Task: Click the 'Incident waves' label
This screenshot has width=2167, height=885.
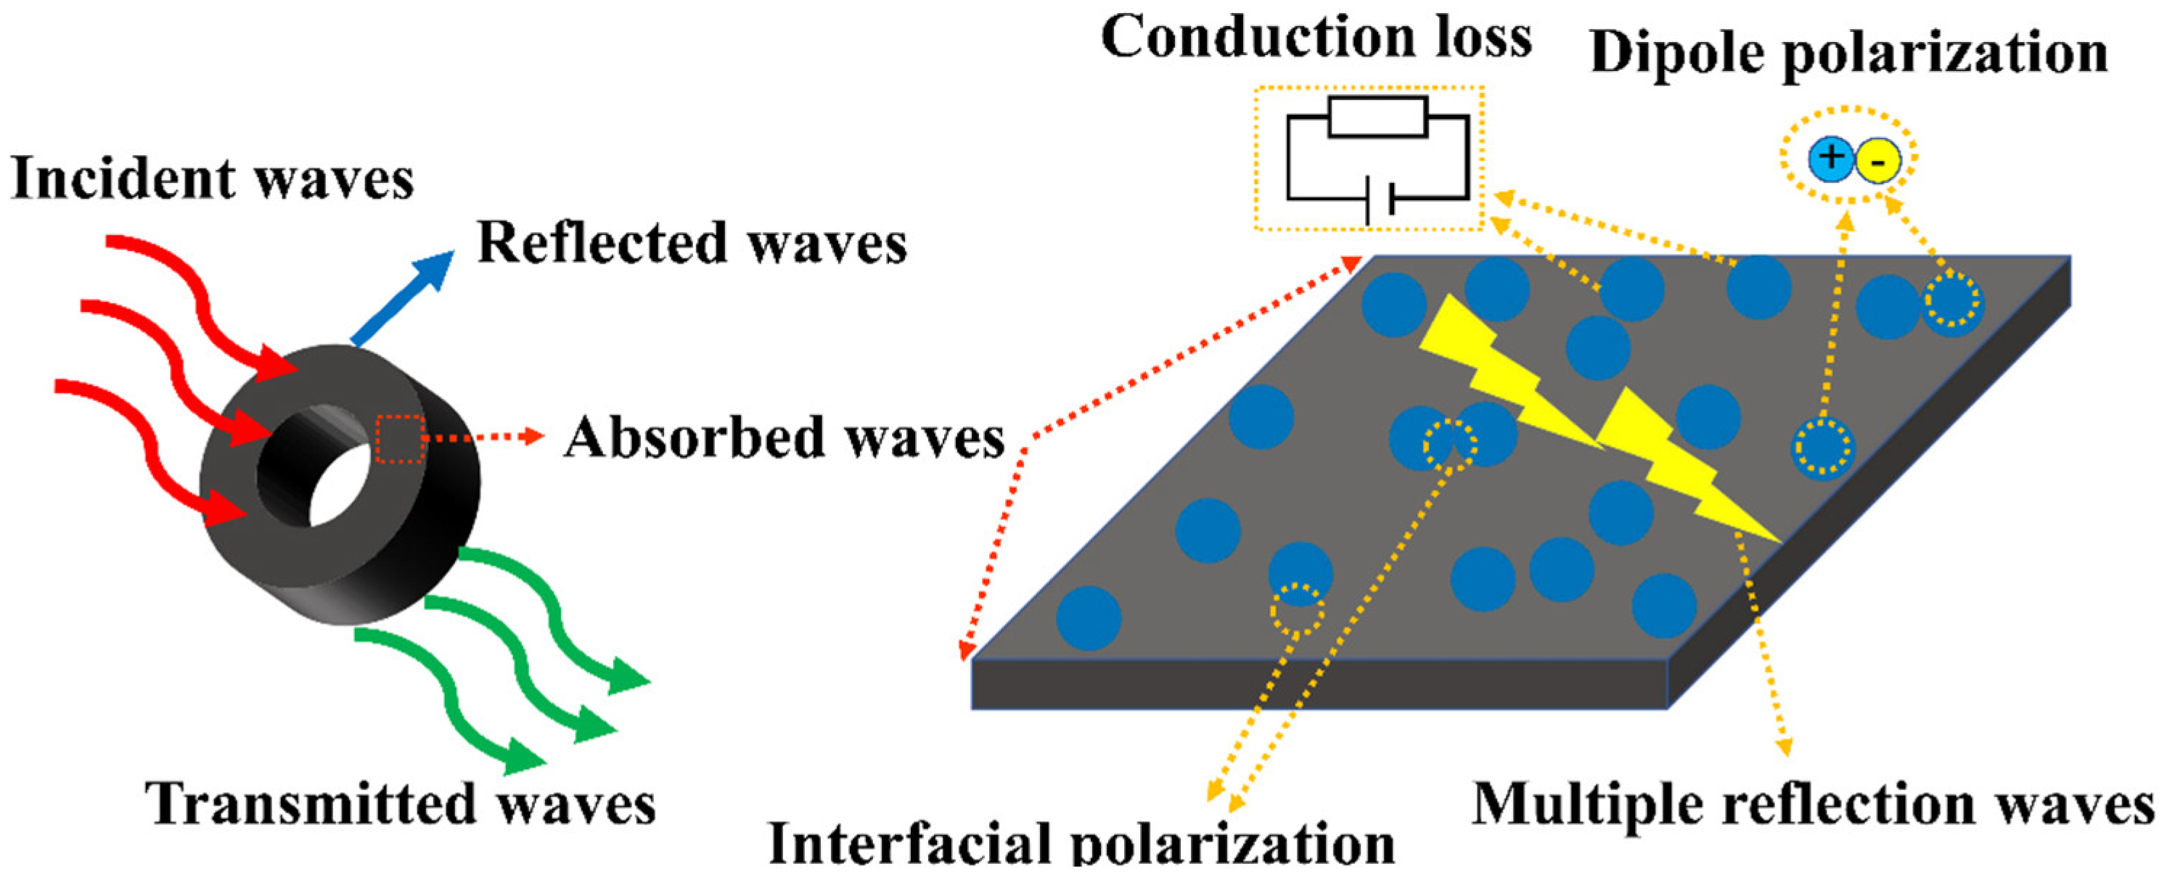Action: click(212, 179)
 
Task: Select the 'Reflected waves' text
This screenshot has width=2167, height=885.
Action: click(692, 243)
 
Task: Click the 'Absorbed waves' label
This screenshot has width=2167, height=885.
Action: click(784, 438)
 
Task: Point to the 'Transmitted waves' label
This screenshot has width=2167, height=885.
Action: click(401, 804)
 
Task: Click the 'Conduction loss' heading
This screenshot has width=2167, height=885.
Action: click(1316, 38)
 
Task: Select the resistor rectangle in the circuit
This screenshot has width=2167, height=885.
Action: click(1378, 117)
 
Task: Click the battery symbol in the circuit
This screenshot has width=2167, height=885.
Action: click(1380, 199)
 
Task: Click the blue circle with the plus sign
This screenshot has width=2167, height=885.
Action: click(1830, 160)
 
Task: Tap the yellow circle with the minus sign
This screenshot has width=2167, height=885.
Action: click(1877, 162)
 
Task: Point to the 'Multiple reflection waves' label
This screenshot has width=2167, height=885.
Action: click(1814, 804)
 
